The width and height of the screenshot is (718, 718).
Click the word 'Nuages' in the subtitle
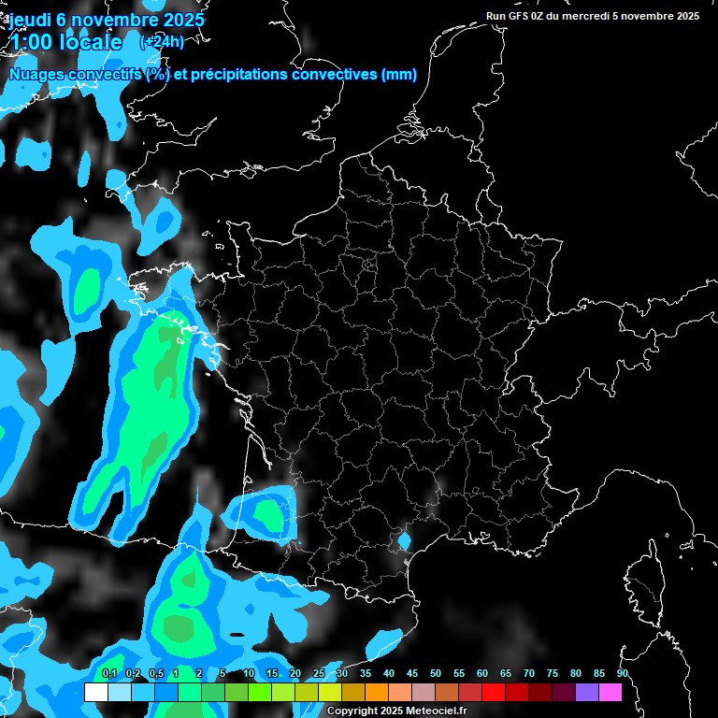pyautogui.click(x=36, y=75)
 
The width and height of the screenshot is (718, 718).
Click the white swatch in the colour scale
pyautogui.click(x=95, y=692)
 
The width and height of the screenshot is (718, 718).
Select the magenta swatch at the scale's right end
pyautogui.click(x=610, y=692)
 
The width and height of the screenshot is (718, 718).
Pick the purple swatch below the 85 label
pyautogui.click(x=587, y=692)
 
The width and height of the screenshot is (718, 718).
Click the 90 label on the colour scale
pyautogui.click(x=623, y=674)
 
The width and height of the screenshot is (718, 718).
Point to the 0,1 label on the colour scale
pyautogui.click(x=109, y=674)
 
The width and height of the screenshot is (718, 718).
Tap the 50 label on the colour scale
pyautogui.click(x=436, y=674)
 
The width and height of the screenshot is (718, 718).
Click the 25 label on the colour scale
pyautogui.click(x=319, y=674)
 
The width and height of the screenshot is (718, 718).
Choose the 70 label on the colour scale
pyautogui.click(x=529, y=674)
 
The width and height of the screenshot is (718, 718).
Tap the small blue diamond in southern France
pyautogui.click(x=405, y=540)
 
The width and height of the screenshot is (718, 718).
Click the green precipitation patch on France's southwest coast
pyautogui.click(x=269, y=514)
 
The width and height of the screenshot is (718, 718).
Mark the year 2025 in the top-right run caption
pyautogui.click(x=686, y=15)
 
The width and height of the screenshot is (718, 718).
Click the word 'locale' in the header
pyautogui.click(x=90, y=42)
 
